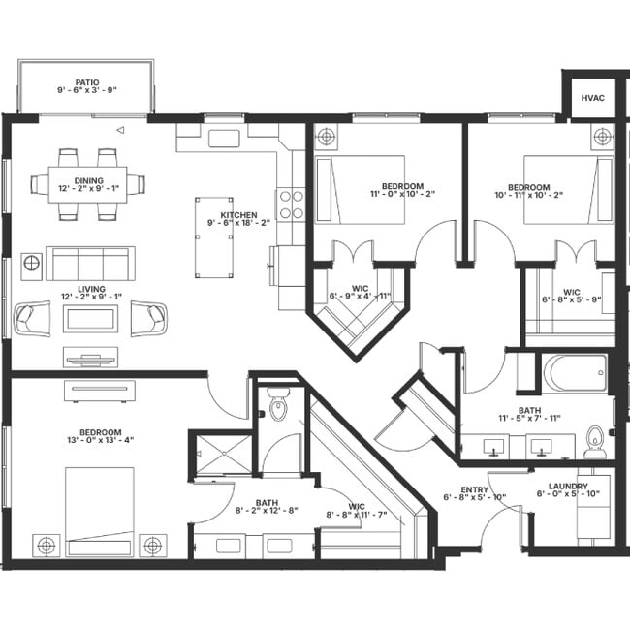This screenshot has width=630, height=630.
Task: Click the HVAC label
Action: pyautogui.click(x=591, y=98)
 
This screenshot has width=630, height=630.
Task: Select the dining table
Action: pyautogui.click(x=87, y=183)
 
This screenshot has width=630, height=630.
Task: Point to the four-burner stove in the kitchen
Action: pyautogui.click(x=291, y=204)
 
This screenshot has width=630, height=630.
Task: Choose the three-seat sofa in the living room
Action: pyautogui.click(x=90, y=263)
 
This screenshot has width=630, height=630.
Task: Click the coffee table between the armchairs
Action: pyautogui.click(x=90, y=318)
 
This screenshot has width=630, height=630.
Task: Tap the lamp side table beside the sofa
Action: pyautogui.click(x=32, y=263)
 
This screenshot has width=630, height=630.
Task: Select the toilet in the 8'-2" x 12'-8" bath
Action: pyautogui.click(x=279, y=406)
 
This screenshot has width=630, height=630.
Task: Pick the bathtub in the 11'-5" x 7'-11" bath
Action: pyautogui.click(x=575, y=372)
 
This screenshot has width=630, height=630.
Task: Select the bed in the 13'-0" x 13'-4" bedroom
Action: pyautogui.click(x=99, y=511)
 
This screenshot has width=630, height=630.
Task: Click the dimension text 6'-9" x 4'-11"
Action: pyautogui.click(x=358, y=296)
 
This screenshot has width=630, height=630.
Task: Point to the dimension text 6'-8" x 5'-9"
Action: pyautogui.click(x=572, y=299)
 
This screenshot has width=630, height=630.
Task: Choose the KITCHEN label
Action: pyautogui.click(x=238, y=215)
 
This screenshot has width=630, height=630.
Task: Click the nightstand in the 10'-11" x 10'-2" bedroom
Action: pyautogui.click(x=602, y=136)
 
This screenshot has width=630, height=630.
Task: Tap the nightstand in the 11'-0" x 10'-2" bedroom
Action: pyautogui.click(x=327, y=136)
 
